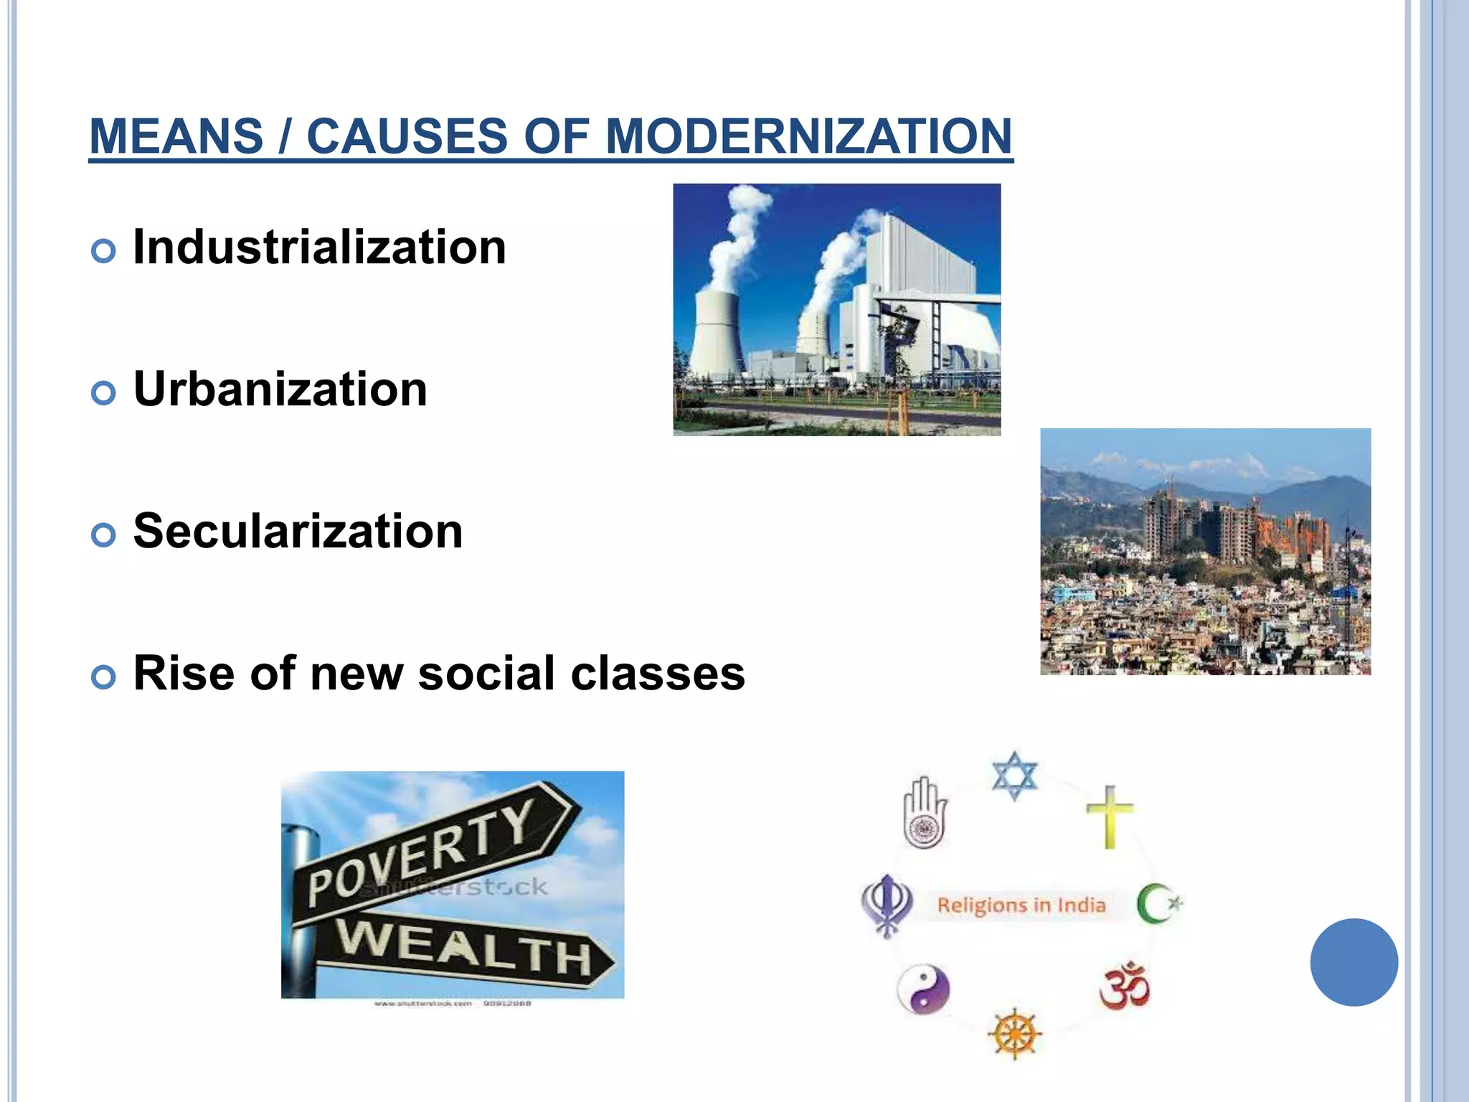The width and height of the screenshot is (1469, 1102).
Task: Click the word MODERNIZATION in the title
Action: (808, 136)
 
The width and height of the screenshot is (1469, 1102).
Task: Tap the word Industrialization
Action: (320, 248)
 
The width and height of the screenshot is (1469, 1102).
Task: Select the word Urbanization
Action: (280, 390)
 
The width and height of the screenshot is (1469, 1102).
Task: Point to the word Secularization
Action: (298, 532)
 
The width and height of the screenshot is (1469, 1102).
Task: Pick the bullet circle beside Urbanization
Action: (104, 393)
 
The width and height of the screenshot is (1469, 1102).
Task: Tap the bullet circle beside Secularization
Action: (104, 535)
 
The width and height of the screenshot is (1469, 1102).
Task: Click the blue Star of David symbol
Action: (1014, 776)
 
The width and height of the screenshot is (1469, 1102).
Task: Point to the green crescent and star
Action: (1158, 904)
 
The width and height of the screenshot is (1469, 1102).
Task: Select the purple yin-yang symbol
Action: (923, 989)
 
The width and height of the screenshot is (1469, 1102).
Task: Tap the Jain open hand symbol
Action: (925, 813)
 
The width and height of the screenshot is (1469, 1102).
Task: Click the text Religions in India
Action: (1021, 905)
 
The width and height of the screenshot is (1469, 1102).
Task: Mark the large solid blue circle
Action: (1354, 962)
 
